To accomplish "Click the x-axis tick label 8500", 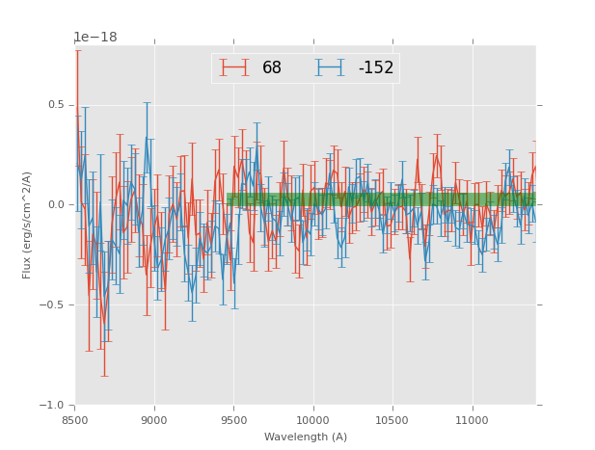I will (75, 420).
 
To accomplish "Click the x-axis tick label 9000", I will (154, 420).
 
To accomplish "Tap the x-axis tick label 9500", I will (233, 420).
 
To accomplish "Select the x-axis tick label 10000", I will (312, 420).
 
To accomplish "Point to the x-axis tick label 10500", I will (392, 420).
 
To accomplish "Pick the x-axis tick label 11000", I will (472, 420).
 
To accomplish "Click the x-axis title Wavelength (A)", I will (306, 437).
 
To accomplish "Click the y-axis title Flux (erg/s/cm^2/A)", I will (27, 225).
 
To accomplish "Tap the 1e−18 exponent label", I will (95, 38).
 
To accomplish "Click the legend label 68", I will (272, 68).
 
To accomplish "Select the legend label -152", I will (376, 68).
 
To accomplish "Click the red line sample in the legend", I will (234, 67).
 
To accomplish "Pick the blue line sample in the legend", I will (330, 67).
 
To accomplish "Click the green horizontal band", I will (386, 199).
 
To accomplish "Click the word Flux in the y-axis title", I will (27, 270).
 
